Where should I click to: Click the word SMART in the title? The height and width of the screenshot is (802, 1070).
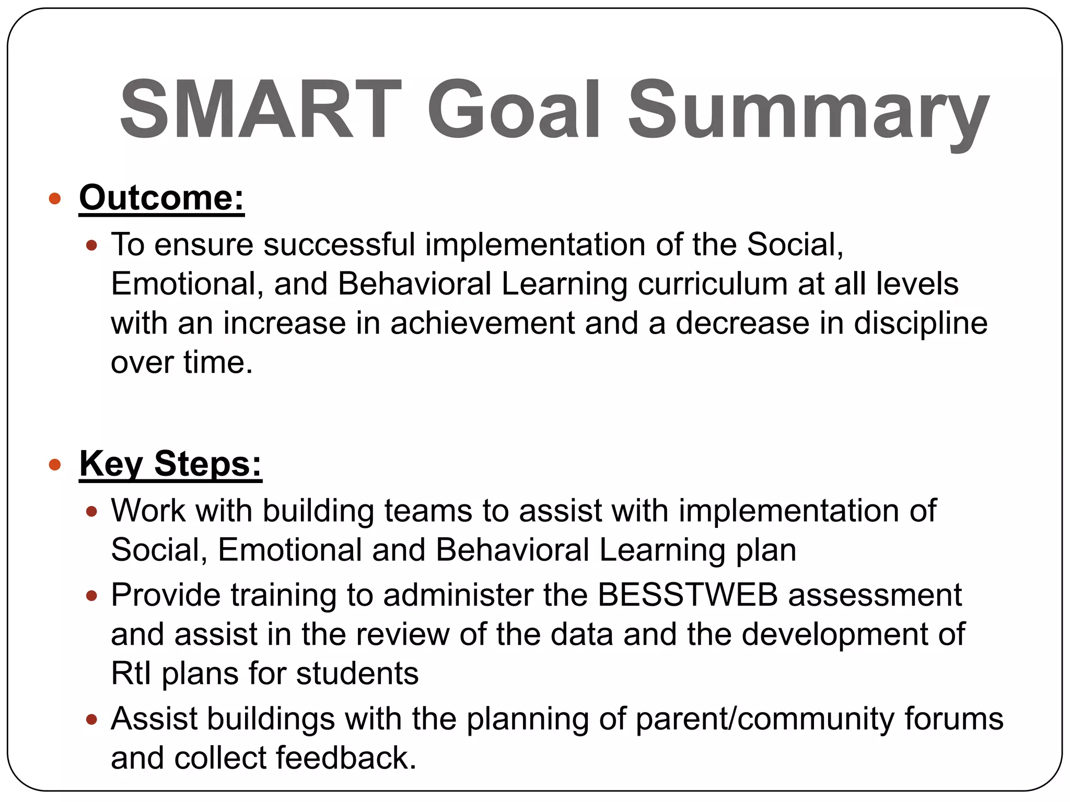tap(260, 110)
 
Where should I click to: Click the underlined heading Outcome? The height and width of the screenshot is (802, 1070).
tap(161, 198)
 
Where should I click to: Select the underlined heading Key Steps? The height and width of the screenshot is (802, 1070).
tap(170, 464)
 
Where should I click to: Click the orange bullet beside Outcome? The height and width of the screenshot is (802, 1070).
tap(54, 198)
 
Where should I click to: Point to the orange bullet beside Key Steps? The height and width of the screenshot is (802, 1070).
tap(54, 464)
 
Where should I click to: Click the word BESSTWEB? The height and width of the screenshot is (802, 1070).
tap(688, 595)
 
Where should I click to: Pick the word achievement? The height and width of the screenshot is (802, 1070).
tap(482, 323)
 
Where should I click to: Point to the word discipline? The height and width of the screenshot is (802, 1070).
tap(921, 323)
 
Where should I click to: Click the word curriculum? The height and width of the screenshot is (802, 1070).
tap(712, 284)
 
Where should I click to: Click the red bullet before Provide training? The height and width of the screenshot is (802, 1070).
tap(91, 596)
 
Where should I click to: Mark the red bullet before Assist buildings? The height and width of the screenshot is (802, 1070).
tap(91, 720)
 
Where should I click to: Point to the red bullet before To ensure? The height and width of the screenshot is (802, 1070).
tap(91, 245)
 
